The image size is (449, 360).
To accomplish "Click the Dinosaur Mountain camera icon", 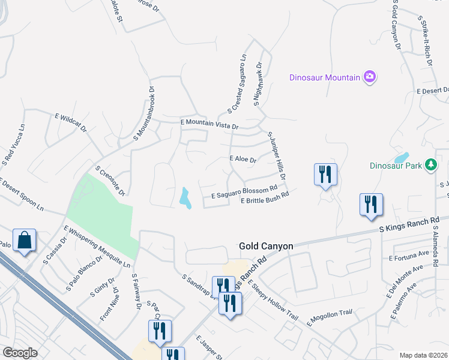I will (x=370, y=77).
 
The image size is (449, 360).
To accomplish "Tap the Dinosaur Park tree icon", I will (x=430, y=164).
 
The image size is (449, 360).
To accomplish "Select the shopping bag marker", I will (x=24, y=241).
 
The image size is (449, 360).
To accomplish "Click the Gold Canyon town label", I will (x=266, y=246).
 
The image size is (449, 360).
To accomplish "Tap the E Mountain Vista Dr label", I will (x=209, y=124).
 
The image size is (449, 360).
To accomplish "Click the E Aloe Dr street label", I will (x=243, y=160).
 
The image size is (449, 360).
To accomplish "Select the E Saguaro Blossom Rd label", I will (x=244, y=192).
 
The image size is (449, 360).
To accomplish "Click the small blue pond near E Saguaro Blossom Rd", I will (x=185, y=198).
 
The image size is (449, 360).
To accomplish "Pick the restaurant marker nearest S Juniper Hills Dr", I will (x=325, y=175).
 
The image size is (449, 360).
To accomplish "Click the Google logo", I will (x=20, y=353).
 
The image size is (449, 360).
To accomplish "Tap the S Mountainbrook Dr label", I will (x=144, y=113).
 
